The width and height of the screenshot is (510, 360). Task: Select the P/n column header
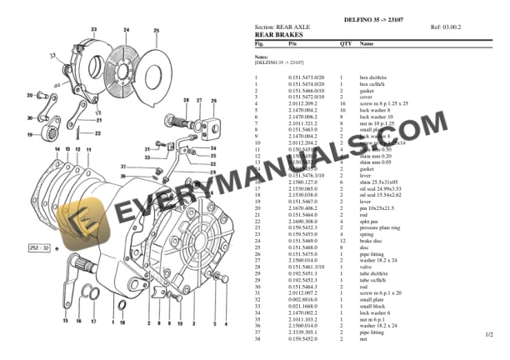(292, 42)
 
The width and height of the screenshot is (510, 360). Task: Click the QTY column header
(346, 42)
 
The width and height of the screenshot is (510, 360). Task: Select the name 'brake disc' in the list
(372, 241)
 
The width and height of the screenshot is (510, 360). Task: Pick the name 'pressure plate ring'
(381, 227)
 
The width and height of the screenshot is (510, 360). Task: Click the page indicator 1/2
(489, 334)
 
